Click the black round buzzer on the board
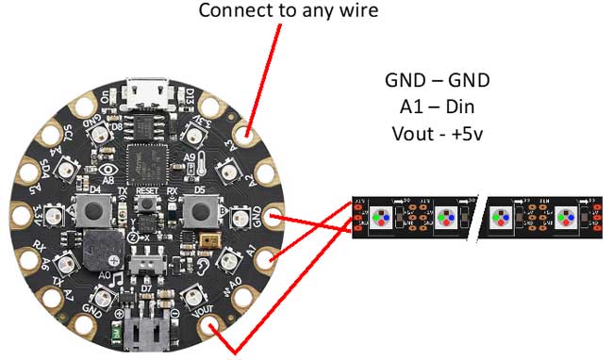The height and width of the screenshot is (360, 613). point(98,254)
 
